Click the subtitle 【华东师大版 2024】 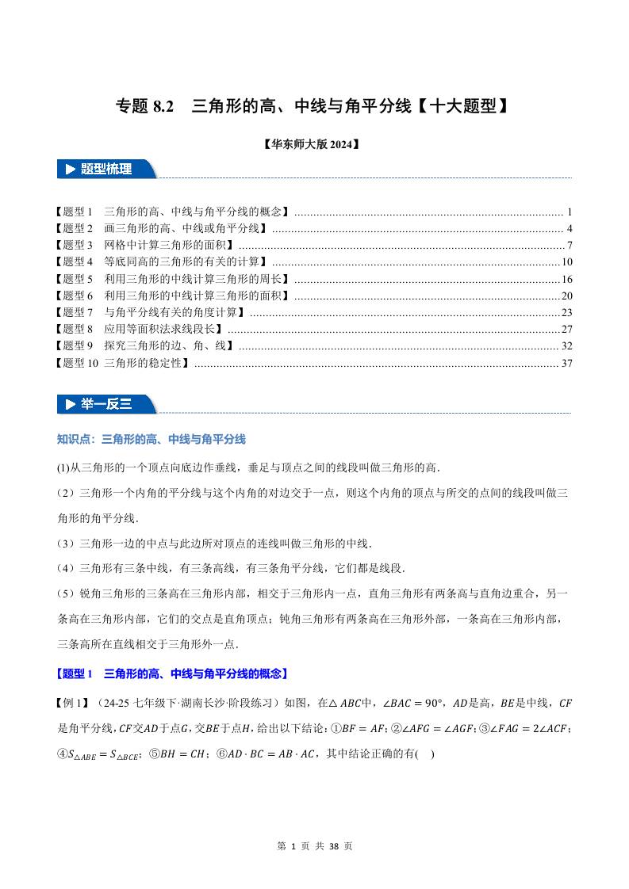tap(313, 145)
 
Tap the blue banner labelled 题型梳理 tap(106, 169)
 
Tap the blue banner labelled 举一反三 tap(106, 404)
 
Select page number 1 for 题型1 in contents tap(570, 212)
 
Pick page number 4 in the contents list tap(570, 228)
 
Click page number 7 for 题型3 tap(570, 245)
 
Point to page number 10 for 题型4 tap(567, 261)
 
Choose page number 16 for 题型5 tap(567, 279)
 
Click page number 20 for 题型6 tap(567, 296)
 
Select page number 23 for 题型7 tap(567, 312)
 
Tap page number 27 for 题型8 tap(567, 329)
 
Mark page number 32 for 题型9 tap(567, 345)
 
